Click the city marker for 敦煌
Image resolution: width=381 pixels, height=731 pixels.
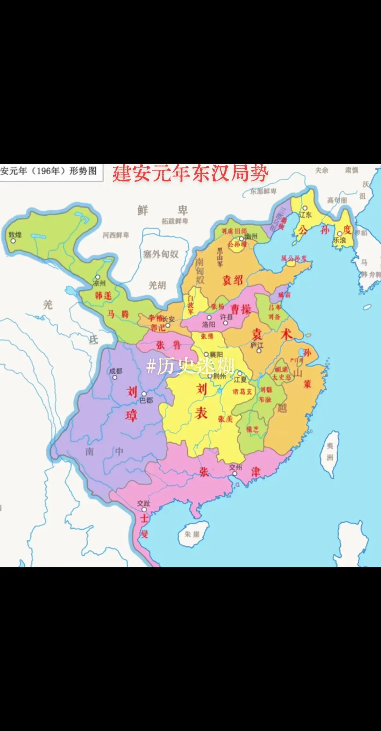pos(13,241)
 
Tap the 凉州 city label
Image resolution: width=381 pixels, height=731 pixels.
pos(99,283)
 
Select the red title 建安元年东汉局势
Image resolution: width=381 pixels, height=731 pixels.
pos(190,174)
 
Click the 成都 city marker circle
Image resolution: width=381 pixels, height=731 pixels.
pos(115,378)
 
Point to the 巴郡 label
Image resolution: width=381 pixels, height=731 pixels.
pos(146,400)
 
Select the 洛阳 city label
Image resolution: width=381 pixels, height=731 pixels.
pos(209,324)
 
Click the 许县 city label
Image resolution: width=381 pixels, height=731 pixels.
pos(226,317)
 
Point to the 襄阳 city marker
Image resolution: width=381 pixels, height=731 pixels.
pos(206,354)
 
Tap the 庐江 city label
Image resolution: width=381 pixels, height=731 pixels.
pos(257,345)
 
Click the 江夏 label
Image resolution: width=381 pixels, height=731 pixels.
pos(240,380)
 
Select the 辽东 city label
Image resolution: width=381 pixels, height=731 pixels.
pos(305,215)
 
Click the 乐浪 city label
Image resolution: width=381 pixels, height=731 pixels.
pos(339,240)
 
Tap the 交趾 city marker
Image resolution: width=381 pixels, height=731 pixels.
pos(144,510)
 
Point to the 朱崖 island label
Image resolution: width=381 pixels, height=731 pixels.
pos(192,534)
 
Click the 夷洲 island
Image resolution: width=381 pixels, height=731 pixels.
pos(330,452)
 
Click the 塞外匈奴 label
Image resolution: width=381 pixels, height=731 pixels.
pos(161,254)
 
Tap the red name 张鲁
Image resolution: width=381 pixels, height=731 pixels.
pos(169,345)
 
